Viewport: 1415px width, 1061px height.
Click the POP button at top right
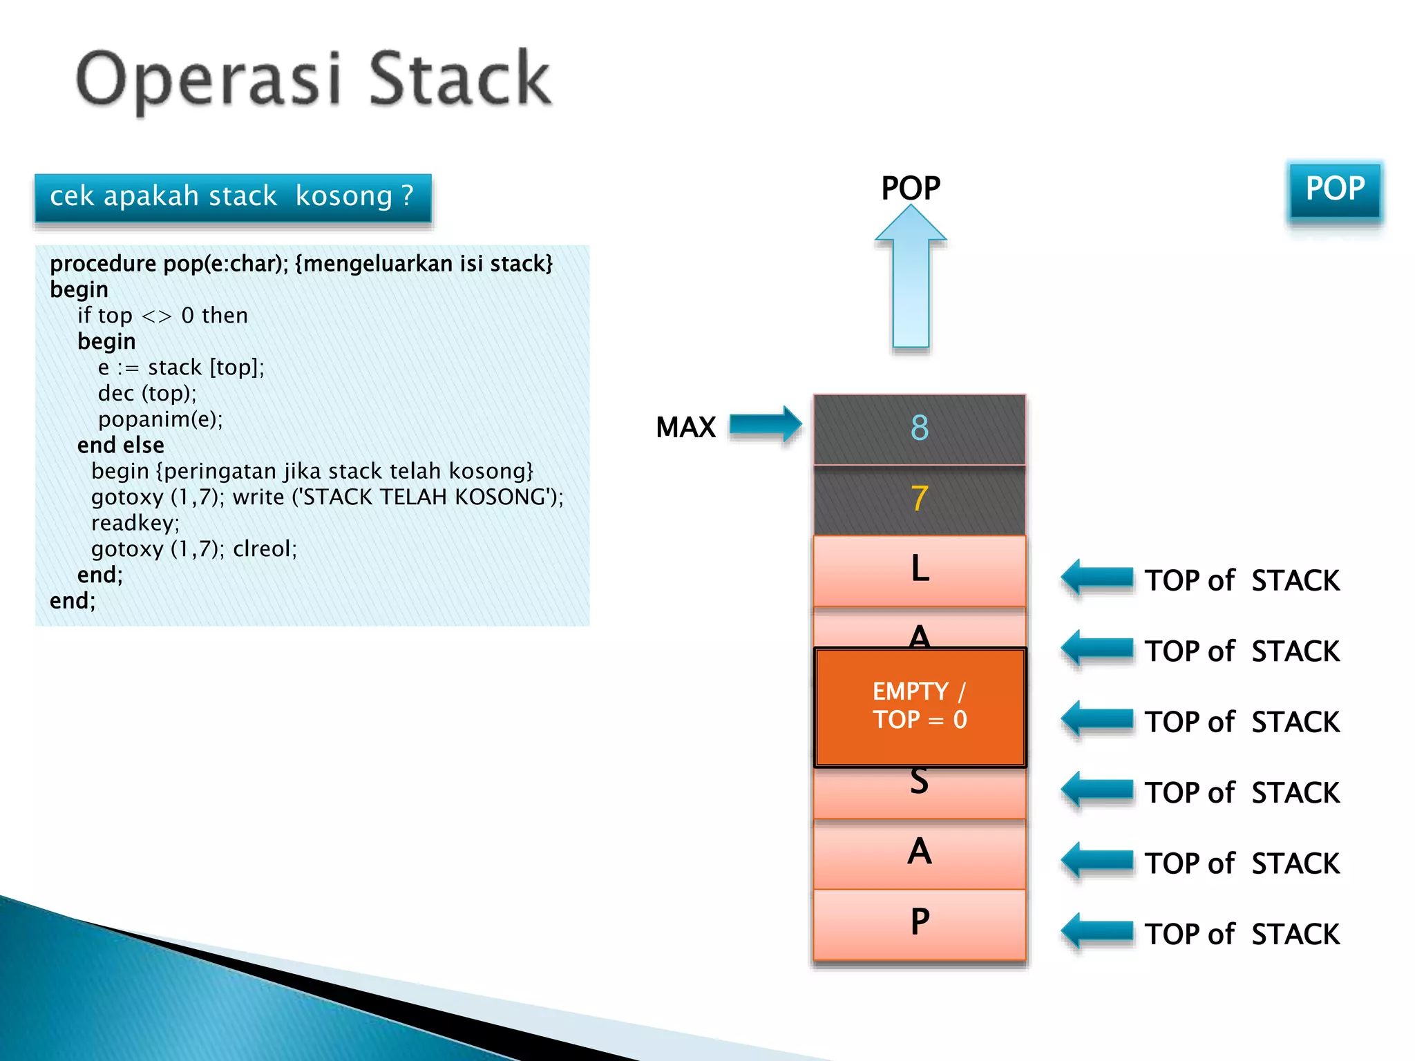tap(1335, 190)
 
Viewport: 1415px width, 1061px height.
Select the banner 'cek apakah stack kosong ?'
tap(233, 198)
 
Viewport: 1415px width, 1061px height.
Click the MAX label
tap(685, 427)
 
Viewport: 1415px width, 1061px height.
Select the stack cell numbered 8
tap(919, 429)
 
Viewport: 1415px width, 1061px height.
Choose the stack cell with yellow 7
tap(919, 499)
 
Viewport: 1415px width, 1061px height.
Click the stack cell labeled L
tap(919, 571)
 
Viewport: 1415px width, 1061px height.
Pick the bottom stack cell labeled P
tap(919, 924)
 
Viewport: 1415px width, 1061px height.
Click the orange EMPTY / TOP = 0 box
tap(920, 706)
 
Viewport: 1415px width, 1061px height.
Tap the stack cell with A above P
tap(919, 853)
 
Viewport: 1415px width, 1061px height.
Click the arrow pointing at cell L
tap(1096, 577)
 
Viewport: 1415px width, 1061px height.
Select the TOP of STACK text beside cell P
tap(1242, 934)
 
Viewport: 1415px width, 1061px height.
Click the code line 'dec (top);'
tap(147, 393)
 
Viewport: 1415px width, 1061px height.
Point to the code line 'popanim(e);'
tap(160, 419)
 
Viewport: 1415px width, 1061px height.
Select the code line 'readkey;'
tap(135, 523)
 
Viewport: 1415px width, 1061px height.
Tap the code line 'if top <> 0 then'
tap(162, 316)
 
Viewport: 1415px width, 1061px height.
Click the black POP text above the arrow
tap(911, 188)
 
